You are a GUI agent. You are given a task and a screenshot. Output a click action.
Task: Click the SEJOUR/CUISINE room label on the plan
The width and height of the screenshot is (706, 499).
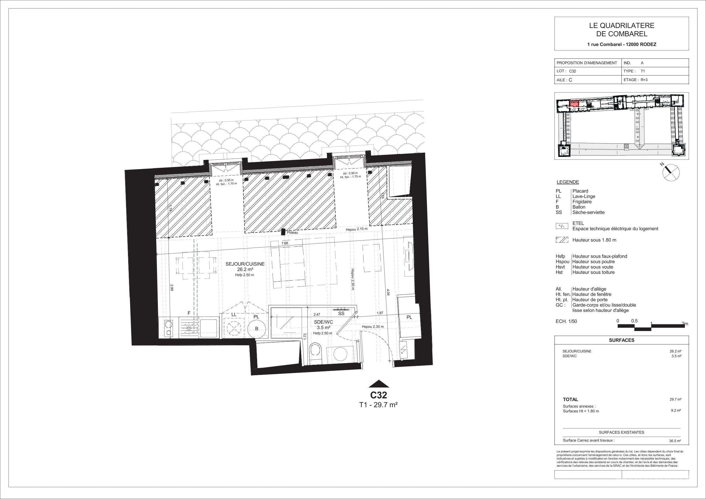click(x=245, y=264)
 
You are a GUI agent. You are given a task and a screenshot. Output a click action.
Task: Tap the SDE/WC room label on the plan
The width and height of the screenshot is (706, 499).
click(x=323, y=322)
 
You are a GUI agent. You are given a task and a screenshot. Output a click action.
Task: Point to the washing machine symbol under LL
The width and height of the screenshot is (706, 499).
click(x=234, y=328)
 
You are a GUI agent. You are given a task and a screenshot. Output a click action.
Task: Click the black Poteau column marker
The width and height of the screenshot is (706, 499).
click(x=283, y=232)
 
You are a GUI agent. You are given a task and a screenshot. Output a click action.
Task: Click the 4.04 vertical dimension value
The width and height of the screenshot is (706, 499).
click(x=388, y=292)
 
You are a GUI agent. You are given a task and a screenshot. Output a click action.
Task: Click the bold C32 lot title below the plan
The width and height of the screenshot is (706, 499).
click(x=379, y=395)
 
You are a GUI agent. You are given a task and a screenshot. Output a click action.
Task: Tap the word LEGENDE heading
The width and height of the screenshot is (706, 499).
click(x=568, y=182)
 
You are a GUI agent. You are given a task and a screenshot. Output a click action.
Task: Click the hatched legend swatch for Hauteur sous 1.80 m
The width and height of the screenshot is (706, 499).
click(x=562, y=240)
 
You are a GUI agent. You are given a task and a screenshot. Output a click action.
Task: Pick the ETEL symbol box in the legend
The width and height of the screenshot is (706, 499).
click(x=562, y=226)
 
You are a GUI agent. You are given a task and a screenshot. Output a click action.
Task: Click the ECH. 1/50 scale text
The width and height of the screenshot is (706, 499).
click(x=566, y=322)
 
